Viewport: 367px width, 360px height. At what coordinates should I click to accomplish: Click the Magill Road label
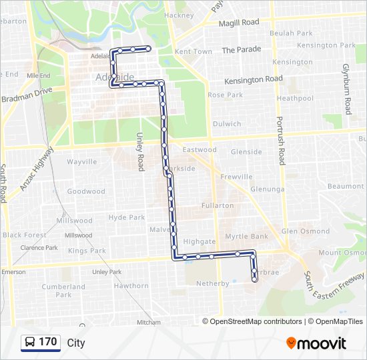(x=240, y=22)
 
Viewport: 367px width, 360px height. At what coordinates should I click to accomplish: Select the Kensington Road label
(x=254, y=79)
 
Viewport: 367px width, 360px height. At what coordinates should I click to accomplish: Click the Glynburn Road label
(x=346, y=89)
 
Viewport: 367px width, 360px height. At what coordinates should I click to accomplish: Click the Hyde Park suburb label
(x=127, y=217)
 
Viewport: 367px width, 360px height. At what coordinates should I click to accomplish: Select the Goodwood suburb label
(x=86, y=191)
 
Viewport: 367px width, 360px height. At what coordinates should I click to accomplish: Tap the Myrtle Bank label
(x=246, y=237)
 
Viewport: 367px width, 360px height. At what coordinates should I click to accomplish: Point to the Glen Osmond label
(x=306, y=231)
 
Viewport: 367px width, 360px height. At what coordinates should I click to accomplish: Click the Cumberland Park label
(x=63, y=291)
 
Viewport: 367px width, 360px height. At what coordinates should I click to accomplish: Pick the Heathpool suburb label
(x=295, y=98)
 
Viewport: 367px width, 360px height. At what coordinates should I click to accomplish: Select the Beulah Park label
(x=291, y=33)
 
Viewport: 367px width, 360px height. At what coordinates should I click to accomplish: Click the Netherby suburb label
(x=213, y=283)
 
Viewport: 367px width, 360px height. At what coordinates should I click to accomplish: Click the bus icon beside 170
(x=30, y=343)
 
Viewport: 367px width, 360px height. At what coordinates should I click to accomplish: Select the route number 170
(x=48, y=342)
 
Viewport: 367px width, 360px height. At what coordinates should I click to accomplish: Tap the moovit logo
(x=316, y=343)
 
